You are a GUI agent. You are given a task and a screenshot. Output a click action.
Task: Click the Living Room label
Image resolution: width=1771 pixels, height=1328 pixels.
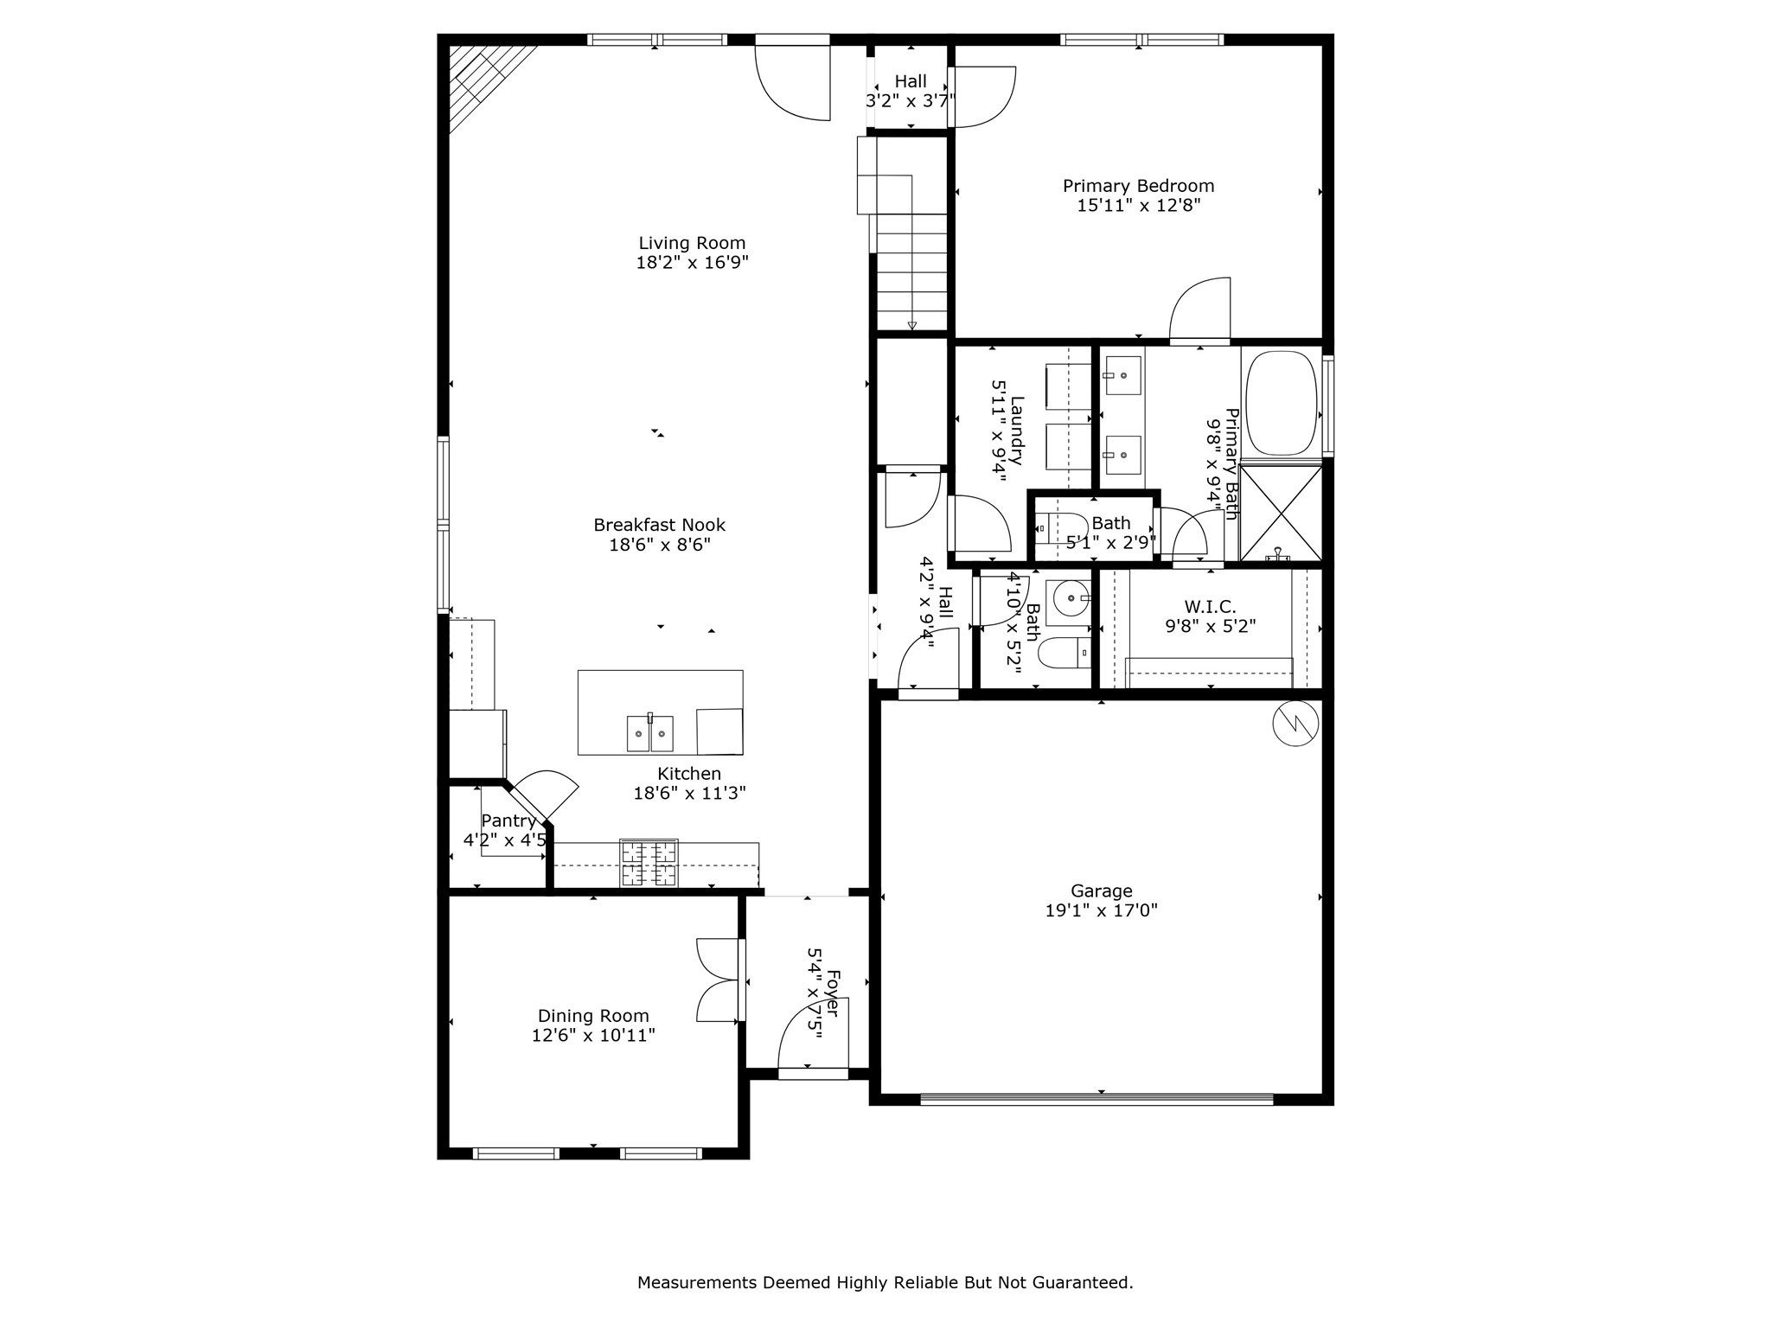point(692,243)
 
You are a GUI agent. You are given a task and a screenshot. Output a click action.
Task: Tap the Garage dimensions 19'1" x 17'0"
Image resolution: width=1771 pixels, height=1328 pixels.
point(1101,910)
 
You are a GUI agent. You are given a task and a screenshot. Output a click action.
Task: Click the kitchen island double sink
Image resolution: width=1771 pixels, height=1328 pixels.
point(649,733)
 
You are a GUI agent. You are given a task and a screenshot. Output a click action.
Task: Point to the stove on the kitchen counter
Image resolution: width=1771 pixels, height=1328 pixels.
point(649,863)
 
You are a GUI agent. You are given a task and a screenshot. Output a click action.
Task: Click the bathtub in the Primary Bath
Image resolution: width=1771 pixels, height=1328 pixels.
point(1281,402)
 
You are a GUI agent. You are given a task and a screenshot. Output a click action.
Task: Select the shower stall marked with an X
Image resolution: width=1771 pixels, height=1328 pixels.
point(1281,513)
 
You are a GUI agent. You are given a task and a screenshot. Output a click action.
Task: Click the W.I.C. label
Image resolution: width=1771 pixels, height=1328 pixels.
point(1210,608)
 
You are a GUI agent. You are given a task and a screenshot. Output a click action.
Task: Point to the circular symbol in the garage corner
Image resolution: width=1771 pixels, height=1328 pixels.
point(1295,723)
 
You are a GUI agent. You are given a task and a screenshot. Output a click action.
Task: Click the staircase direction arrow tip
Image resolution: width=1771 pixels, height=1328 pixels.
point(912,326)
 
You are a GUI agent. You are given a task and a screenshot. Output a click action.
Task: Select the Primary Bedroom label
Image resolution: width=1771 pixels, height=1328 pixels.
point(1138,186)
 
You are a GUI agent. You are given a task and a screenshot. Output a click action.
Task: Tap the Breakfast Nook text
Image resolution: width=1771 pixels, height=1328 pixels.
point(659,525)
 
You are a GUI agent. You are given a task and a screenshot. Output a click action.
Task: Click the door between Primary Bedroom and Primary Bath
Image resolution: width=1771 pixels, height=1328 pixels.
point(1200,311)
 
